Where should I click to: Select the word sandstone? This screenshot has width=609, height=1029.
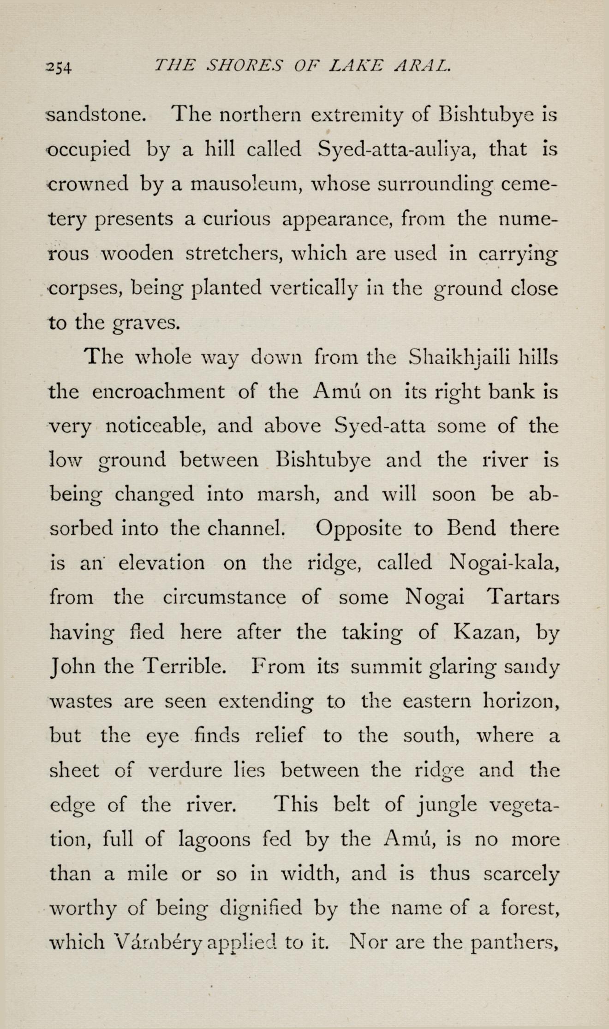(x=97, y=115)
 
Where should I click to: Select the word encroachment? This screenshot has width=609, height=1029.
(x=158, y=392)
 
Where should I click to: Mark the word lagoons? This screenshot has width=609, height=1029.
(x=214, y=839)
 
